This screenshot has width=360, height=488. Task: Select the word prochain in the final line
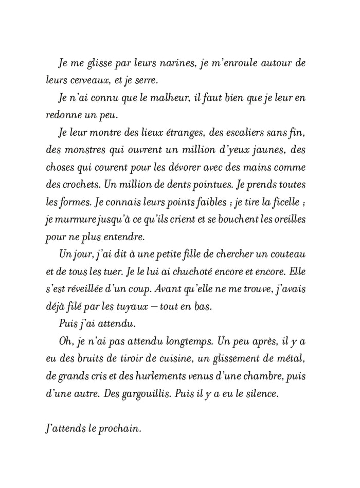(x=120, y=428)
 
